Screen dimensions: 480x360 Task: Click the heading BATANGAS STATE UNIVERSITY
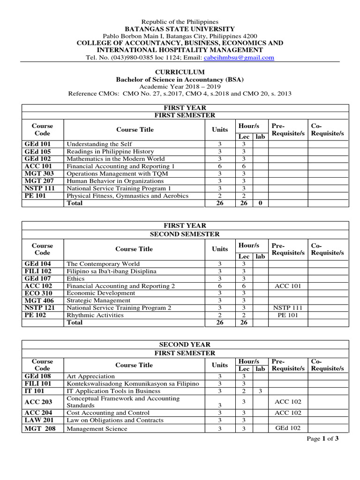pos(180,29)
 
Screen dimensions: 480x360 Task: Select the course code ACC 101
pos(36,166)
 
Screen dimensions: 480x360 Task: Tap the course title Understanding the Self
pos(99,144)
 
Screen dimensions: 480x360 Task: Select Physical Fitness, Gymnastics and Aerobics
pos(127,195)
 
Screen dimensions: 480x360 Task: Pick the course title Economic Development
pos(101,293)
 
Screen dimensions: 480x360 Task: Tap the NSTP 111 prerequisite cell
pos(287,308)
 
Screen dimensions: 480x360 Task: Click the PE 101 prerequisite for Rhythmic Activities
pos(287,315)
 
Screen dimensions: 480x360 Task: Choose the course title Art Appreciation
pos(90,376)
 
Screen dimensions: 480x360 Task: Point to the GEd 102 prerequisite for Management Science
pos(287,428)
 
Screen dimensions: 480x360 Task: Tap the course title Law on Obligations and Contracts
pos(114,420)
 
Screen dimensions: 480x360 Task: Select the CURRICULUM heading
pos(180,72)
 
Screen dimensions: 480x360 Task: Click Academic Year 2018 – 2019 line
pos(180,87)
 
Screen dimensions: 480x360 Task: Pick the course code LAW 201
pos(36,420)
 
